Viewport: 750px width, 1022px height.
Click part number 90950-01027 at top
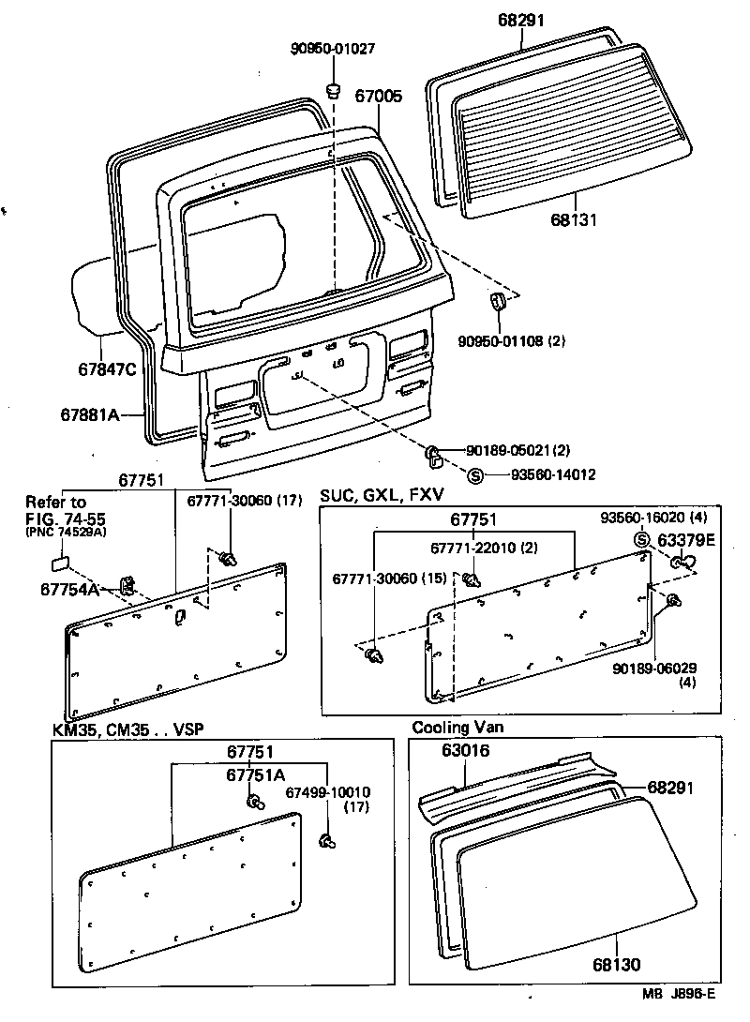click(331, 49)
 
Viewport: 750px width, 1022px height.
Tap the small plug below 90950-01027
click(332, 89)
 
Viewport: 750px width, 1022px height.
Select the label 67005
click(379, 95)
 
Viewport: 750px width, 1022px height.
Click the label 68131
click(572, 219)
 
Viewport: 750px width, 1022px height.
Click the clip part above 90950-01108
click(498, 303)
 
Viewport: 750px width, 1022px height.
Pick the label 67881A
click(91, 414)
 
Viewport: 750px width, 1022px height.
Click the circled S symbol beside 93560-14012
click(474, 475)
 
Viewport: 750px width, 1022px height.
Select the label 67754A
click(69, 589)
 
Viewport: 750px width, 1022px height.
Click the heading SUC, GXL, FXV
click(382, 495)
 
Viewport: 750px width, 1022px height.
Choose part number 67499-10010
click(328, 792)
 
